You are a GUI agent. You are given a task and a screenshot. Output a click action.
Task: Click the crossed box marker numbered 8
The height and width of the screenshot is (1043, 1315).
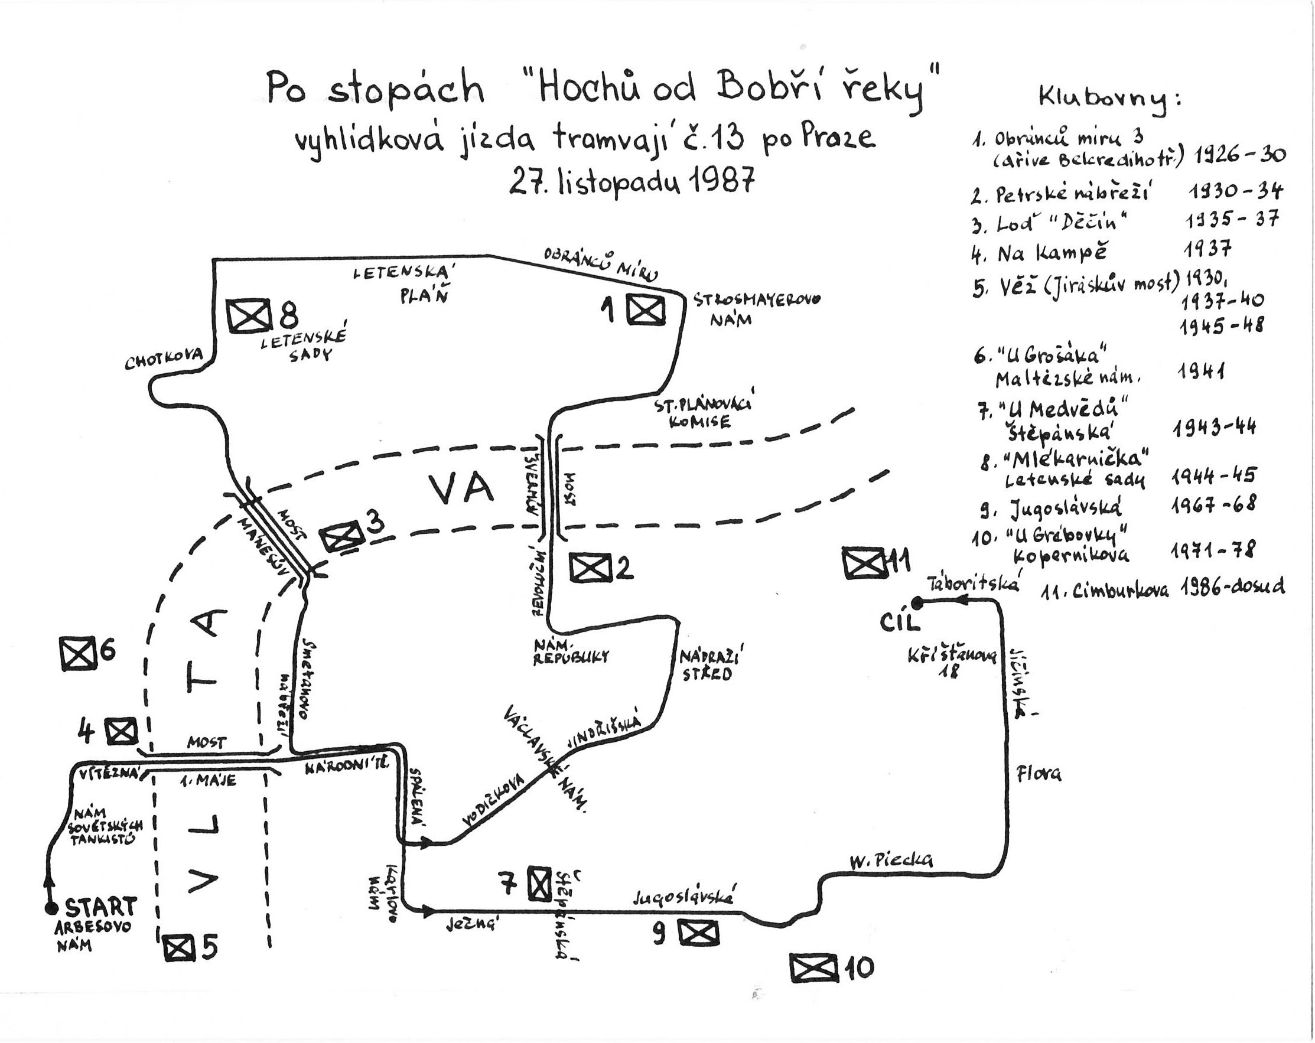[x=248, y=315]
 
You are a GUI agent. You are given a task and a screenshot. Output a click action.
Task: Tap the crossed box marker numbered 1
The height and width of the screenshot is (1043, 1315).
[x=646, y=311]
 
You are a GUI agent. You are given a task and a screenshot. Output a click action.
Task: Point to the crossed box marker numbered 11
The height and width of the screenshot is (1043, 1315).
[x=863, y=562]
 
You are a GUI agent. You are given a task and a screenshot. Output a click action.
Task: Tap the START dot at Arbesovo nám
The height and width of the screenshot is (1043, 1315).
[x=50, y=908]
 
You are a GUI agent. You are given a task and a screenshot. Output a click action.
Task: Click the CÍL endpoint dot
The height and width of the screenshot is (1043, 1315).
[x=919, y=602]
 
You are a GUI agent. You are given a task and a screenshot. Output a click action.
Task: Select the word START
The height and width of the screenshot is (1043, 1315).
[x=100, y=907]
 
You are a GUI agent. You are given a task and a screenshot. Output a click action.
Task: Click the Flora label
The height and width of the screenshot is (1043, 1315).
[x=1038, y=774]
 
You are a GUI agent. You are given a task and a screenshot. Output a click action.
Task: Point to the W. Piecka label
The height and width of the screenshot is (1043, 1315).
[x=891, y=860]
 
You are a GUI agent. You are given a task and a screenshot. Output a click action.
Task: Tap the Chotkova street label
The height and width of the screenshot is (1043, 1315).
[x=164, y=361]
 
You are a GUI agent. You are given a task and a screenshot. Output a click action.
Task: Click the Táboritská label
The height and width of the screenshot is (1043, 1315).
[x=974, y=584]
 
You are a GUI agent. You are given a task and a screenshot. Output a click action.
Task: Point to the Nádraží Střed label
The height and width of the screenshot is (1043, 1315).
[x=712, y=665]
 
